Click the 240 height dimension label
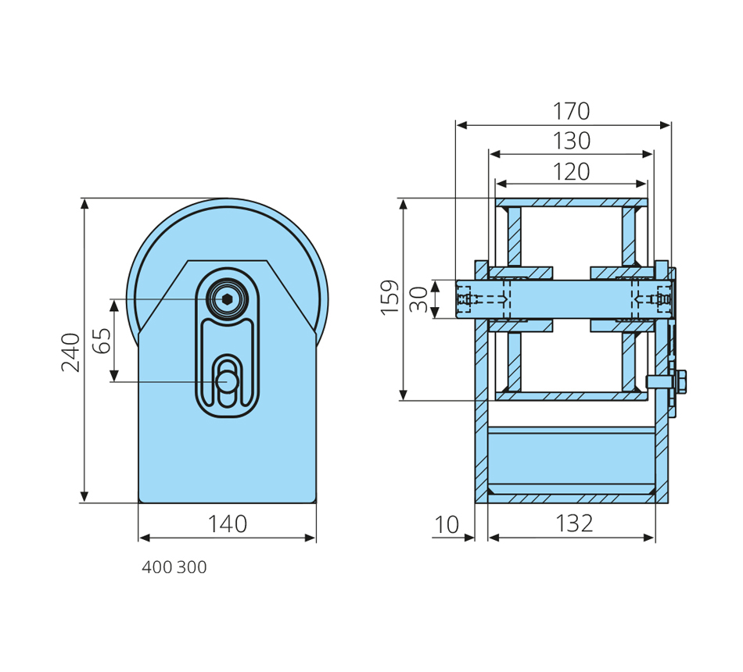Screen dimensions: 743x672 point(71,352)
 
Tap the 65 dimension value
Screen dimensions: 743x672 point(102,341)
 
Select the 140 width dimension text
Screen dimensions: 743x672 point(228,524)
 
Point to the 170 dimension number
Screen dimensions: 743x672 point(572,111)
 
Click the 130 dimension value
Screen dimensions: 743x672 point(572,141)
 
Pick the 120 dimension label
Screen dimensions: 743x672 point(572,171)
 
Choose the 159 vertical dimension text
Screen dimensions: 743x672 point(390,298)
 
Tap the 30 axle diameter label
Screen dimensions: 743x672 point(419,299)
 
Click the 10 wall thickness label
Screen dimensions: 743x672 point(447,525)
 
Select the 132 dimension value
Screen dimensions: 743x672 point(574,524)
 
